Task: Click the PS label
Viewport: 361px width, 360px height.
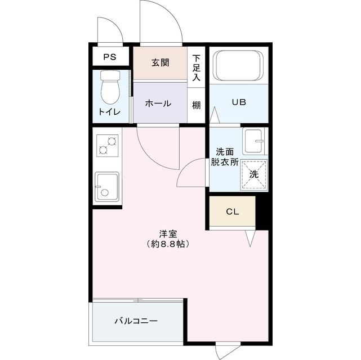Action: click(x=109, y=57)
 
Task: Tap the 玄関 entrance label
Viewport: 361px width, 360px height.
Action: click(x=159, y=62)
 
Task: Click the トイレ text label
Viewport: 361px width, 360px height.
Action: click(x=109, y=111)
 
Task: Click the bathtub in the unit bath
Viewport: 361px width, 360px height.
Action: click(x=239, y=66)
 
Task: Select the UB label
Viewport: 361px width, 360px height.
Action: click(x=239, y=103)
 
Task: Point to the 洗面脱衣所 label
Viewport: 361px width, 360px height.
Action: click(x=225, y=156)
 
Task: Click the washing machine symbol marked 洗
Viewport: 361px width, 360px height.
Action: click(x=253, y=174)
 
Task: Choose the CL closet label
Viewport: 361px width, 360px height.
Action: click(x=232, y=212)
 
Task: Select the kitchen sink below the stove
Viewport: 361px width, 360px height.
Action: click(x=107, y=186)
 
